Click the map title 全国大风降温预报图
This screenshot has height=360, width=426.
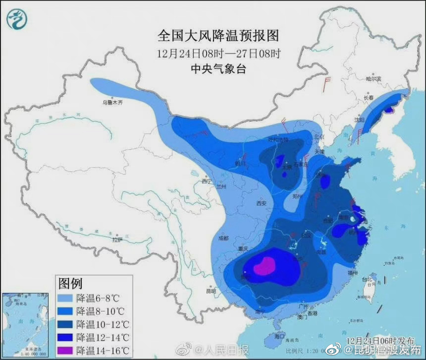218,36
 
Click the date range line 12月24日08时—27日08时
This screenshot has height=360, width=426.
218,53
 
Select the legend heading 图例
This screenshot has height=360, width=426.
70,284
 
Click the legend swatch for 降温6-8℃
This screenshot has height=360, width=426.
66,299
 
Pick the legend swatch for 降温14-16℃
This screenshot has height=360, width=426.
66,350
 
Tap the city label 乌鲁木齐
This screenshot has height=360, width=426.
112,103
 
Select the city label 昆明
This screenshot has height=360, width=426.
210,291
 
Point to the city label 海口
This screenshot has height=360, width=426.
280,336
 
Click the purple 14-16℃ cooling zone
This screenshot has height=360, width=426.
265,266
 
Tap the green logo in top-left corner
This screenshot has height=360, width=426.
17,19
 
